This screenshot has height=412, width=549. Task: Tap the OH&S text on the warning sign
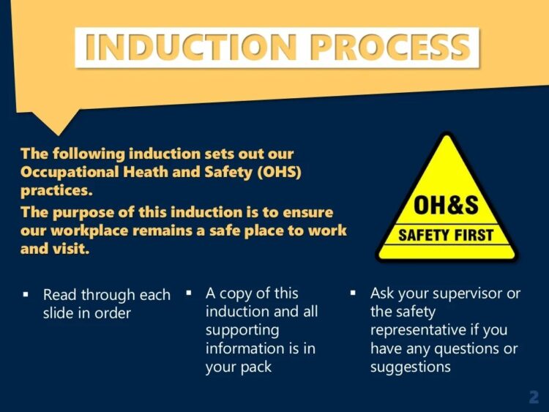[x=446, y=206]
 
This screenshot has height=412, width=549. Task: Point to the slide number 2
[x=534, y=397]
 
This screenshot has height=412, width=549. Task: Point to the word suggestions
[x=410, y=367]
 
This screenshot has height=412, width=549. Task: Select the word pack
[x=257, y=367]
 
